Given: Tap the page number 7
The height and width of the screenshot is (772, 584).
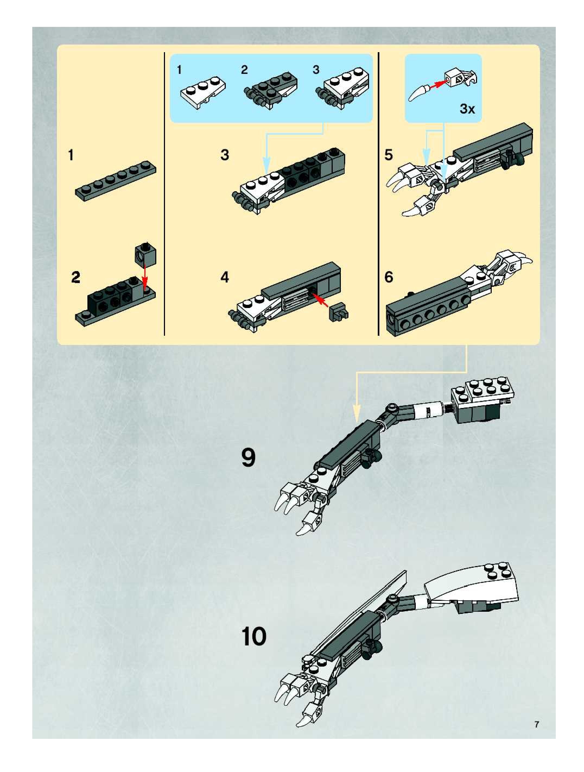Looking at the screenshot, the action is click(537, 724).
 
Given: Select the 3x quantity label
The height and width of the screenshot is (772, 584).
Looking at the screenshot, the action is click(467, 109).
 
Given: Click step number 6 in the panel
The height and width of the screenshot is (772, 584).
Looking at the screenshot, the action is click(389, 277).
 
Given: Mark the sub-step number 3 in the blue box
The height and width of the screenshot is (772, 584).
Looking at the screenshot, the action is click(316, 70).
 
